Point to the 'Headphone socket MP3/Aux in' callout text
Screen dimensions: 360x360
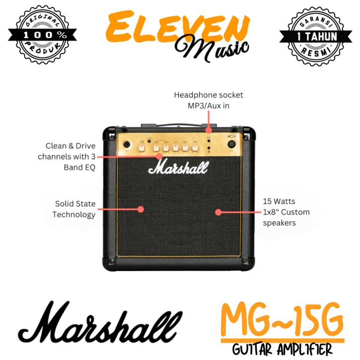[208, 100]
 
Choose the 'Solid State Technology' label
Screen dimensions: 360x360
[74, 209]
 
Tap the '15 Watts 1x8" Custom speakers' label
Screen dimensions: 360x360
[286, 212]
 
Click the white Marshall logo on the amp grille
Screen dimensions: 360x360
[178, 168]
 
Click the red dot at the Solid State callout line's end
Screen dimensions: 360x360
[140, 209]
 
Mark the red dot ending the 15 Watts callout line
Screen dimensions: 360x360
[218, 212]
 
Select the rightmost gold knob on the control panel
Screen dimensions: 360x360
[194, 147]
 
